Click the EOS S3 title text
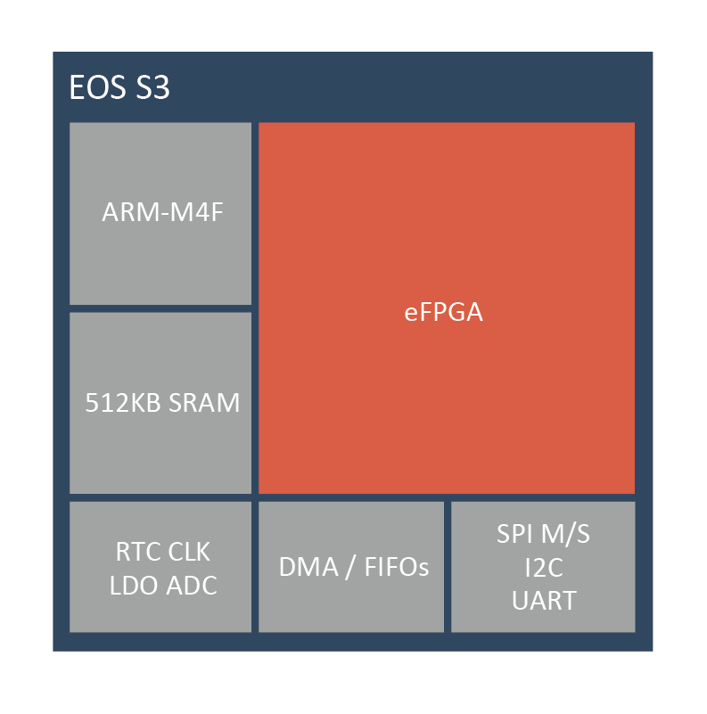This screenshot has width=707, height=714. tap(119, 87)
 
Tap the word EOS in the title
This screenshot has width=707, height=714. tap(97, 87)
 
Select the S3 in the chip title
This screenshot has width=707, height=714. tap(153, 87)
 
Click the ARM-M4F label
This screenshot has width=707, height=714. tap(162, 212)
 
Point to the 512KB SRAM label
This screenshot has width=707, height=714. tap(162, 403)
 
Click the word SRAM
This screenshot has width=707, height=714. tap(204, 403)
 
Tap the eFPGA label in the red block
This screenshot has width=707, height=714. tap(444, 312)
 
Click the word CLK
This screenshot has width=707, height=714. tap(189, 552)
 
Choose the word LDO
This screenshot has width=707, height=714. tap(135, 586)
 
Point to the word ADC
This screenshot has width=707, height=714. tap(192, 586)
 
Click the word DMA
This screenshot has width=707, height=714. tap(308, 568)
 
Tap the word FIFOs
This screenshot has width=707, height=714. tap(397, 568)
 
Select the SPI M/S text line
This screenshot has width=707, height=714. tap(544, 534)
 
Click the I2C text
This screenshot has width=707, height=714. tap(544, 568)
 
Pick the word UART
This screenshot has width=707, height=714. tap(544, 601)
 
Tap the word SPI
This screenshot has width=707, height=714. tap(515, 534)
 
